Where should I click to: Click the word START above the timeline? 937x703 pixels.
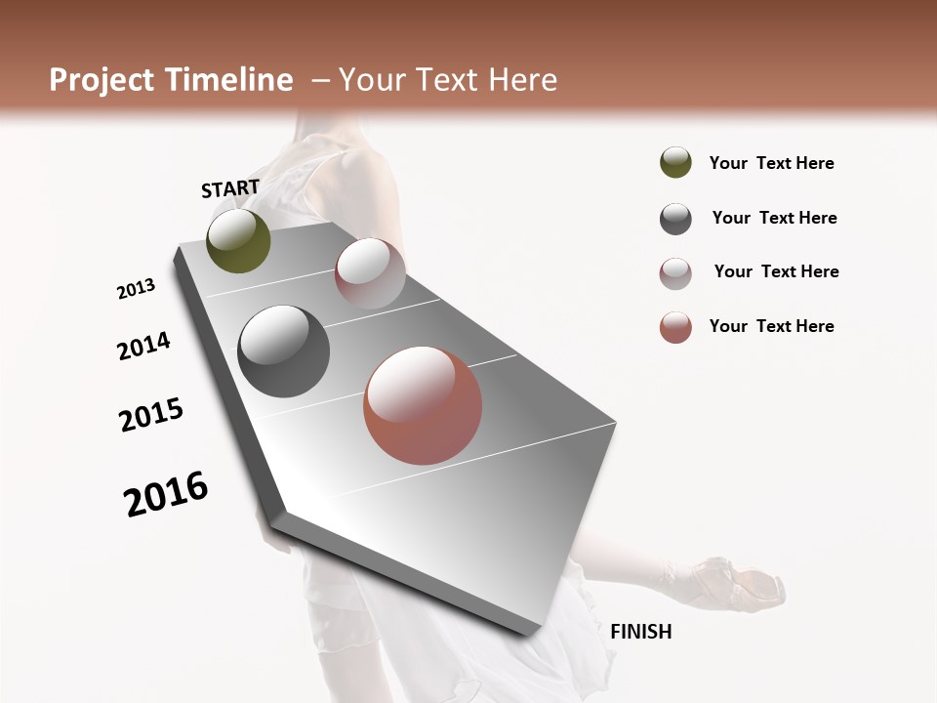point(230,188)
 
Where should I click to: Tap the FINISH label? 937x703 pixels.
point(640,632)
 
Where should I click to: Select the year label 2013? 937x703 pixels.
point(136,289)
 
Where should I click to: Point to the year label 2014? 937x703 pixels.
point(143,346)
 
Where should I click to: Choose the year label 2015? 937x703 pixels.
point(151,415)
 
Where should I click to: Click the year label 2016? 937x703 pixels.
point(166,494)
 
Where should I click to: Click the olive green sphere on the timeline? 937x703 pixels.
point(238,241)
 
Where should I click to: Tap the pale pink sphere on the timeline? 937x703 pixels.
point(370,273)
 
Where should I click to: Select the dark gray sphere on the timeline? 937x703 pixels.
point(284,351)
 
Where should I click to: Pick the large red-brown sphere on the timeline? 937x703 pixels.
point(423,405)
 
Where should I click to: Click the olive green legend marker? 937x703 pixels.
point(675,163)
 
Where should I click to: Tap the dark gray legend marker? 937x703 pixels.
point(675,219)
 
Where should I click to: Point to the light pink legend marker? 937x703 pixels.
point(675,273)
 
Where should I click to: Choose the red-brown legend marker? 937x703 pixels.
point(675,327)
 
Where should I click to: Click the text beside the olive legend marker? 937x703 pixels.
point(771,164)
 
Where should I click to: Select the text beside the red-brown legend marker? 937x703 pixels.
point(771,326)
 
